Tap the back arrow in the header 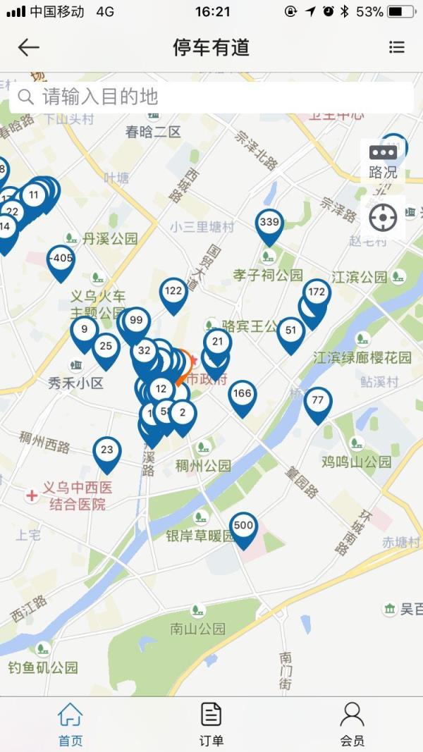point(28,47)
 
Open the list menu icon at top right point(397,47)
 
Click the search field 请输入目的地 point(211,97)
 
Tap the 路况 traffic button point(383,161)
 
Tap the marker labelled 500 point(243,527)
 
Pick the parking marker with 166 point(242,395)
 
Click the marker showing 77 point(318,402)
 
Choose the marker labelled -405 point(61,260)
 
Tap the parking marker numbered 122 point(173,292)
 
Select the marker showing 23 point(106,452)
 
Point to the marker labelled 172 point(317,293)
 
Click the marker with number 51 point(290,332)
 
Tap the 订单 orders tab point(211,723)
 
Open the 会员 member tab point(352,723)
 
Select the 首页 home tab point(70,723)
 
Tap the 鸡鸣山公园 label point(356,462)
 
